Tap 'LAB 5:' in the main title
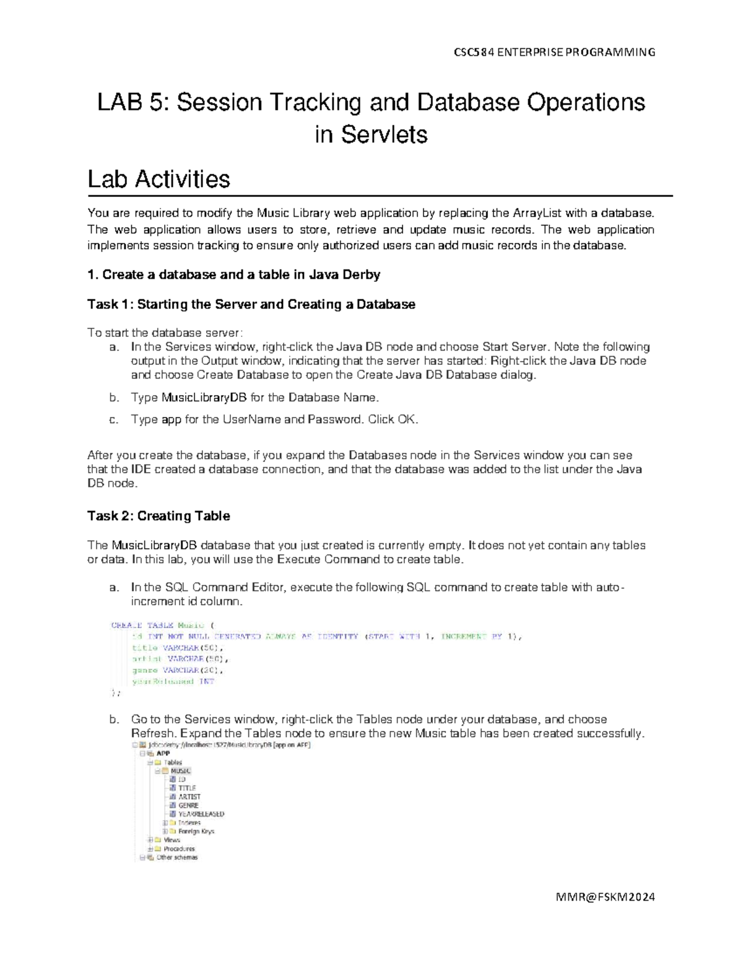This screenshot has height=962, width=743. [x=133, y=102]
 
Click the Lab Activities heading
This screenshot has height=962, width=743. [x=159, y=179]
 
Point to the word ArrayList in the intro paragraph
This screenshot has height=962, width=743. [x=537, y=213]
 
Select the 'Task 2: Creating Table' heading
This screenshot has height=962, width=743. [x=159, y=516]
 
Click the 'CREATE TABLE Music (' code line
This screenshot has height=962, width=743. [x=162, y=625]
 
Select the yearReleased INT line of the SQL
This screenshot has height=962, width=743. [x=173, y=681]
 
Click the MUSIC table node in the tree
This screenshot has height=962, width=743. [x=180, y=771]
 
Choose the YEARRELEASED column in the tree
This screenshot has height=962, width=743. [x=201, y=814]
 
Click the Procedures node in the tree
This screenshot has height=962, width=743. [x=179, y=849]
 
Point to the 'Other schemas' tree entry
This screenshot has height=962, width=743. [x=176, y=857]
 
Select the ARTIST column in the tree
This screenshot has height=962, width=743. [x=189, y=797]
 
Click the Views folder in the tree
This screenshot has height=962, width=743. [x=172, y=840]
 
